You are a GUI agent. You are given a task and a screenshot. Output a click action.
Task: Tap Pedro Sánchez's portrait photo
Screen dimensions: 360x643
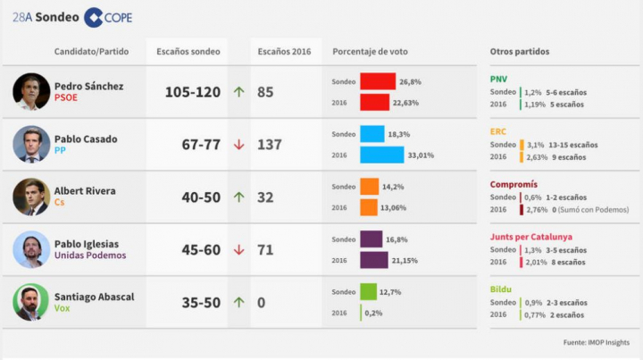pyautogui.click(x=31, y=91)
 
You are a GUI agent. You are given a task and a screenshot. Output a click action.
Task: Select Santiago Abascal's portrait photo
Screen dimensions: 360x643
pyautogui.click(x=31, y=302)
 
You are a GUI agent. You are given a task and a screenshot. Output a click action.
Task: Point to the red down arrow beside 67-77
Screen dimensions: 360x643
pyautogui.click(x=238, y=145)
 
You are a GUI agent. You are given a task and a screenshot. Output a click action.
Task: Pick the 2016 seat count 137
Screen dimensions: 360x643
pyautogui.click(x=269, y=145)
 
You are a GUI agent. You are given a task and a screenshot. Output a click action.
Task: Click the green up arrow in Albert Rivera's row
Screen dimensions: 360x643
pyautogui.click(x=238, y=197)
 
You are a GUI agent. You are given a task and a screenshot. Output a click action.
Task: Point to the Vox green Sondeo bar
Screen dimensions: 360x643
pyautogui.click(x=368, y=292)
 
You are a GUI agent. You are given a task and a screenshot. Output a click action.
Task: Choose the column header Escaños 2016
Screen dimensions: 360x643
pyautogui.click(x=279, y=52)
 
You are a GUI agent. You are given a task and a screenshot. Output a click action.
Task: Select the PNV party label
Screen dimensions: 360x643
pyautogui.click(x=498, y=79)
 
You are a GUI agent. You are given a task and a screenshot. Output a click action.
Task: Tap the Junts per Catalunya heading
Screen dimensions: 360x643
pyautogui.click(x=530, y=237)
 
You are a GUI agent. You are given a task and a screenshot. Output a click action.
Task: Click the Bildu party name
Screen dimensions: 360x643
pyautogui.click(x=500, y=289)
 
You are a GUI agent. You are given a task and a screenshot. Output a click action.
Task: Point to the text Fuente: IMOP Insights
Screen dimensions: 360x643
pyautogui.click(x=597, y=343)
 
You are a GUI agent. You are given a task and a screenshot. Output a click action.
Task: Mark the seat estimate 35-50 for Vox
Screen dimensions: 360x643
pyautogui.click(x=200, y=303)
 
